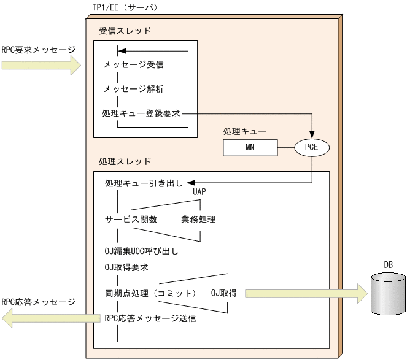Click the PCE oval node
tap(312, 147)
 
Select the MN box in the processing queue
tap(250, 147)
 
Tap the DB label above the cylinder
tap(389, 264)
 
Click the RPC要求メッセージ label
tap(38, 50)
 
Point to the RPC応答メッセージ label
tap(38, 302)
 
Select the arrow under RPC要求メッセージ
tap(41, 65)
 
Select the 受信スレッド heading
tap(125, 30)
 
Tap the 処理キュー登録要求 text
tap(146, 113)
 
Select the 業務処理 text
tap(198, 219)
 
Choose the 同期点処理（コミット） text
tap(150, 293)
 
